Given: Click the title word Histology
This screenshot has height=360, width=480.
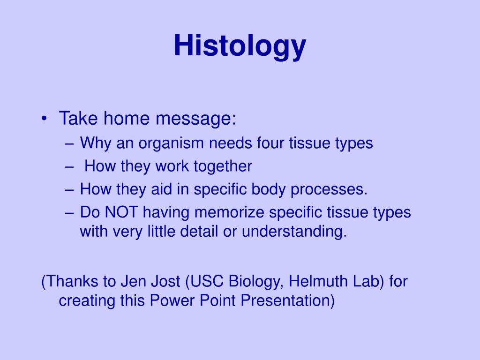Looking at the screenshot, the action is [240, 46].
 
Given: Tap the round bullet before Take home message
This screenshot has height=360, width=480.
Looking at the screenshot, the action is [45, 119].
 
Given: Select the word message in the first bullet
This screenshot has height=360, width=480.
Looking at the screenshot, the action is [196, 119].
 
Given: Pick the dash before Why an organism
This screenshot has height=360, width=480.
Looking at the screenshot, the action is [69, 143].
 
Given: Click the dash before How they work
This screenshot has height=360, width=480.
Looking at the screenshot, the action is [69, 167].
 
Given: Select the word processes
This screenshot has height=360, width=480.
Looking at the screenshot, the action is [329, 189].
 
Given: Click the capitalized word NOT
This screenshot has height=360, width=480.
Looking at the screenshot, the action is [121, 212].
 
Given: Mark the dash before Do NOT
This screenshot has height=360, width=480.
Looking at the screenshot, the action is [69, 213].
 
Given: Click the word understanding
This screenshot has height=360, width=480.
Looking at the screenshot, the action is [294, 232].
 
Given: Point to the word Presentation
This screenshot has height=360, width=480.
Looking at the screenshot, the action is [287, 300].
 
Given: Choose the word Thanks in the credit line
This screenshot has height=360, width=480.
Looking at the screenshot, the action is [72, 282].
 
